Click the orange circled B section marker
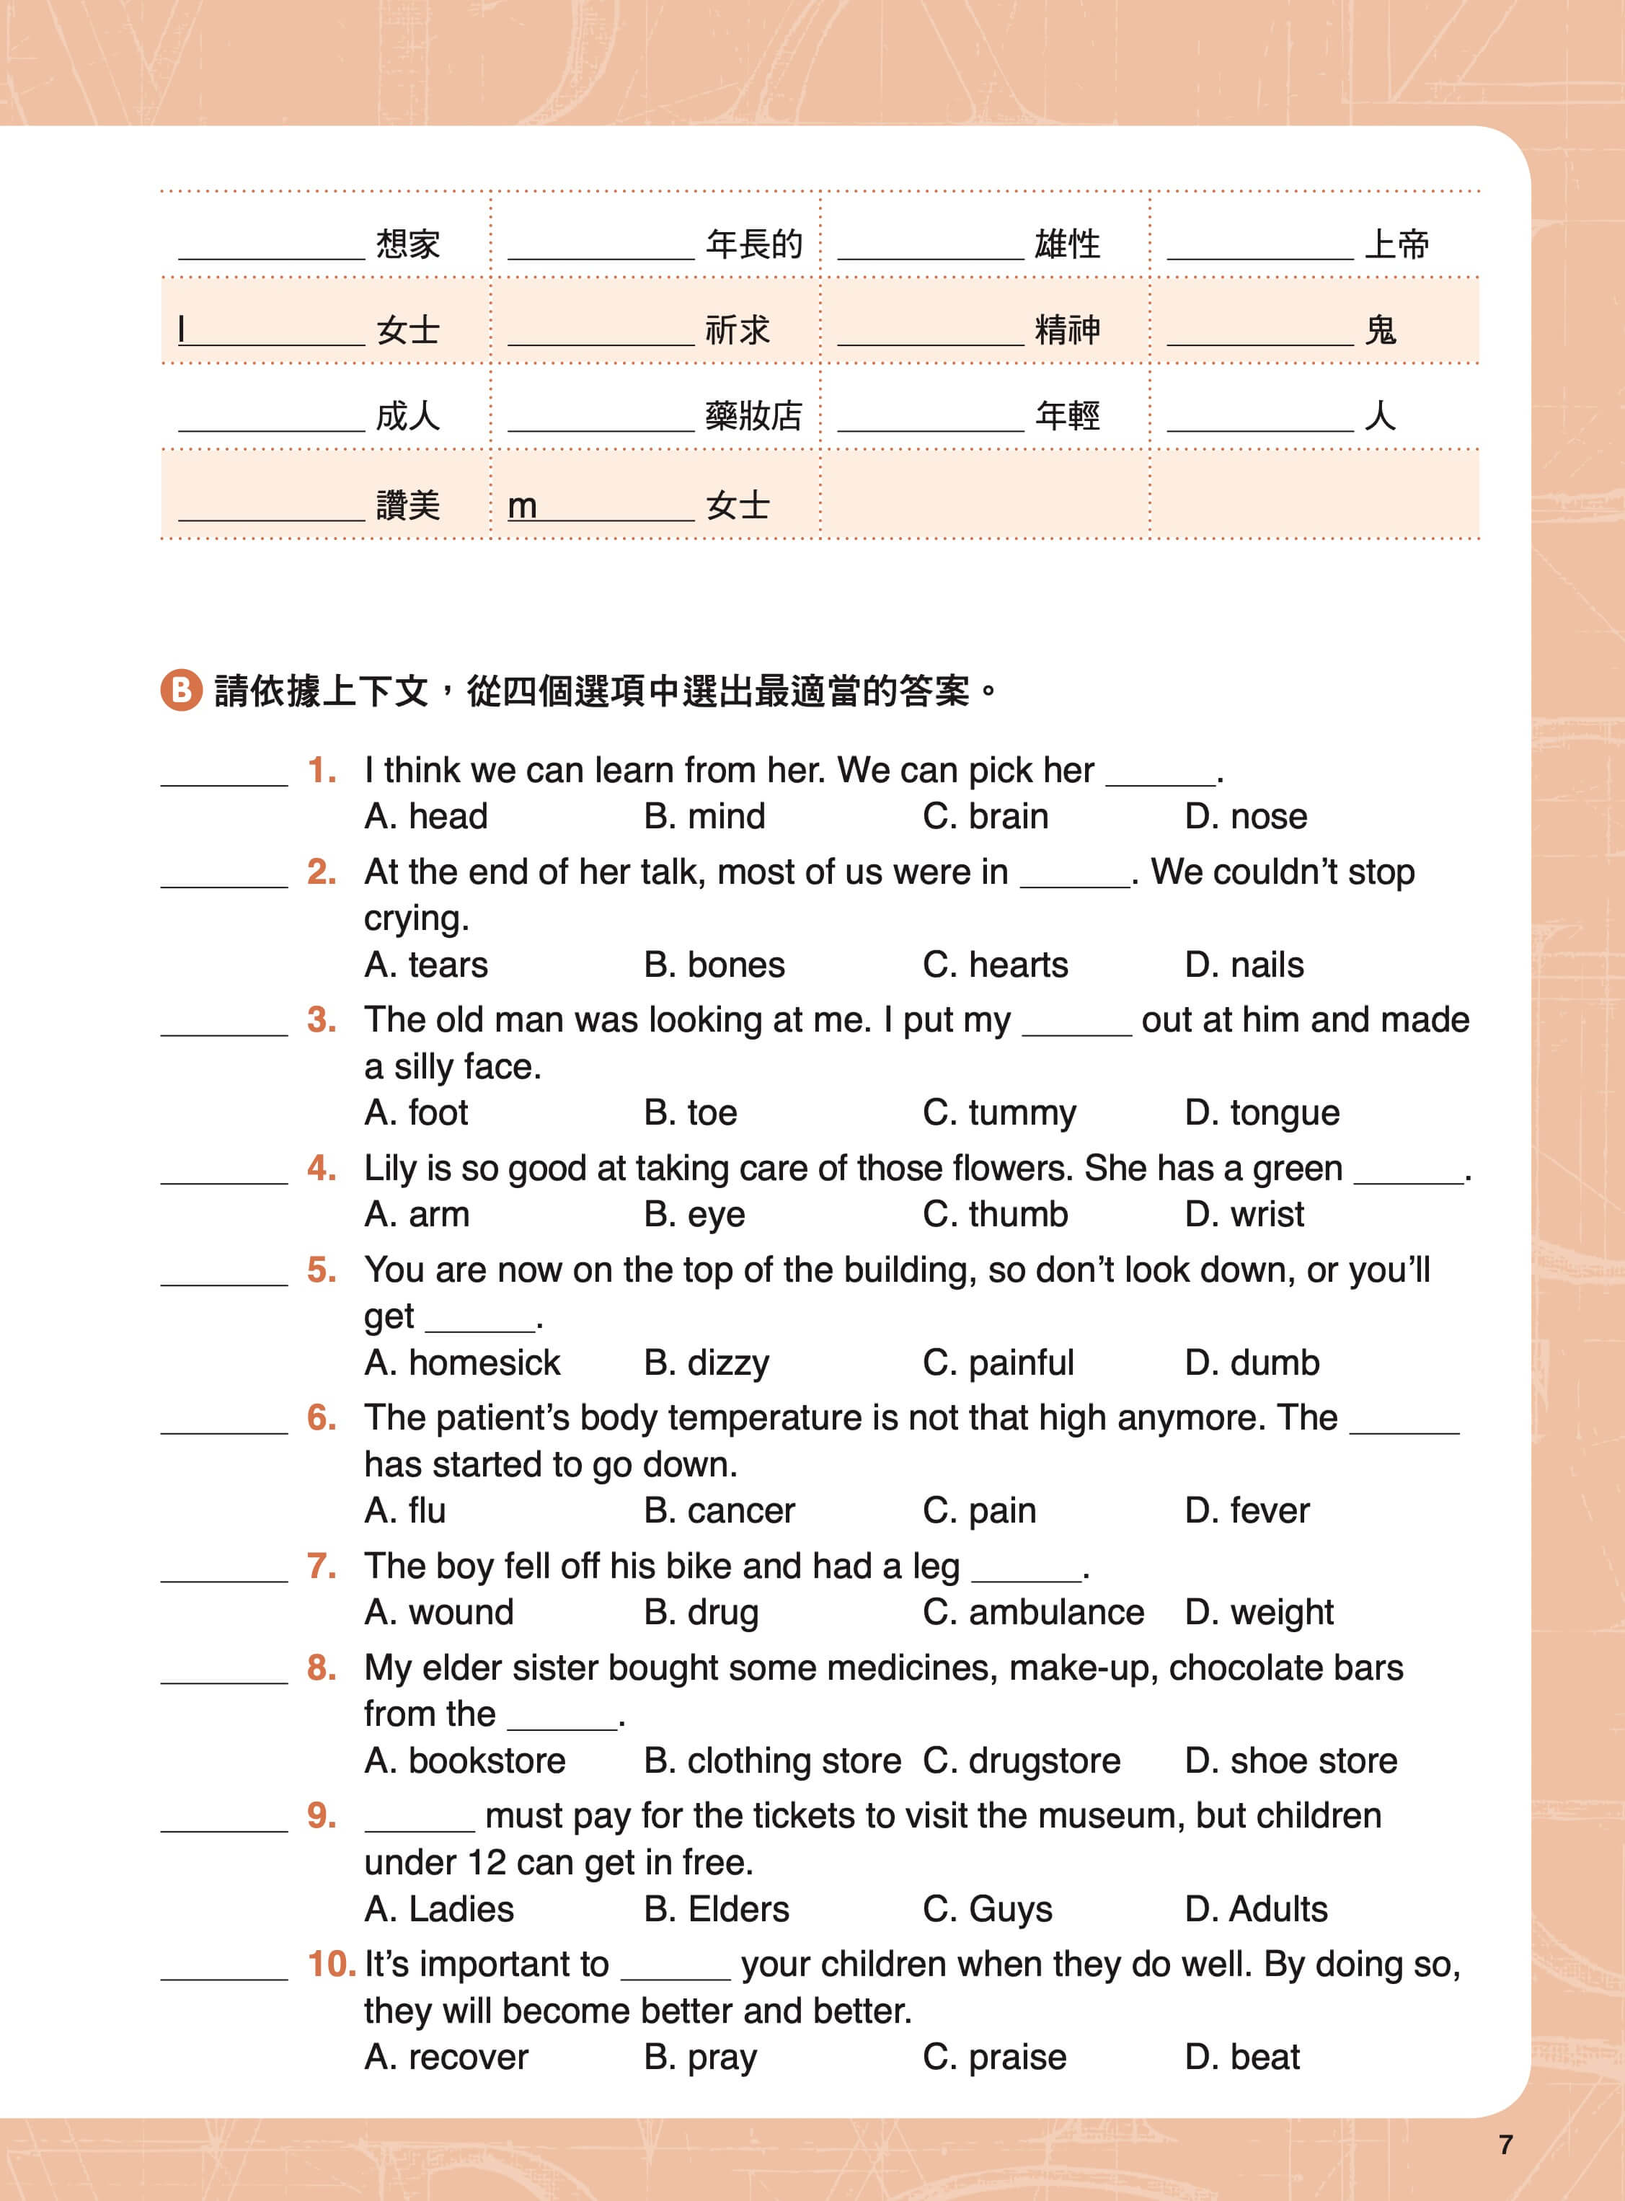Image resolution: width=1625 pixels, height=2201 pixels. coord(181,691)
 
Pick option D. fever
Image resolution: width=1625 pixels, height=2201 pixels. coord(1247,1510)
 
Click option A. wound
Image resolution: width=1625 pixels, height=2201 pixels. coord(439,1612)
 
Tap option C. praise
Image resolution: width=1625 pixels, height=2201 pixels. coord(994,2056)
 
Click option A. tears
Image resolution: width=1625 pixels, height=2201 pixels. coord(426,964)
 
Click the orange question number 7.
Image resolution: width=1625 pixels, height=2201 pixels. coord(322,1564)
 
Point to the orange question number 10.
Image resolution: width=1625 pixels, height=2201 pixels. coord(330,1963)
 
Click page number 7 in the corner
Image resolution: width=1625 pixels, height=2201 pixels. coord(1505,2145)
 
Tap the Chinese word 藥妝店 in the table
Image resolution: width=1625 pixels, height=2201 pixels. coord(753,416)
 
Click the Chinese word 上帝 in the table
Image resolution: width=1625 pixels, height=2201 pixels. coord(1396,243)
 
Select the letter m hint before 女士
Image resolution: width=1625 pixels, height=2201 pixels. coord(522,505)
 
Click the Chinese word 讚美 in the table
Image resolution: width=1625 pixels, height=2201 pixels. coord(408,505)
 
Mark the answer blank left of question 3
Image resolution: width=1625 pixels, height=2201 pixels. coord(224,1023)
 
